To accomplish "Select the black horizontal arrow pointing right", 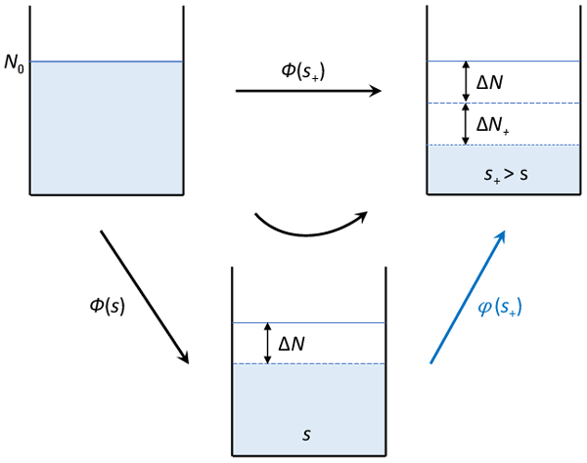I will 307,92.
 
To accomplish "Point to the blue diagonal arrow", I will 468,297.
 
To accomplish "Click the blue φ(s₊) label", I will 500,308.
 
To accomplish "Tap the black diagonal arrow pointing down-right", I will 144,297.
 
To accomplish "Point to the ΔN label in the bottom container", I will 297,343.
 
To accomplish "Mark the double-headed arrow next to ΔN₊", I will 466,125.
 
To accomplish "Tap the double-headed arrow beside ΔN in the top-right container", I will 466,83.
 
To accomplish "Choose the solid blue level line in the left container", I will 107,63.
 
